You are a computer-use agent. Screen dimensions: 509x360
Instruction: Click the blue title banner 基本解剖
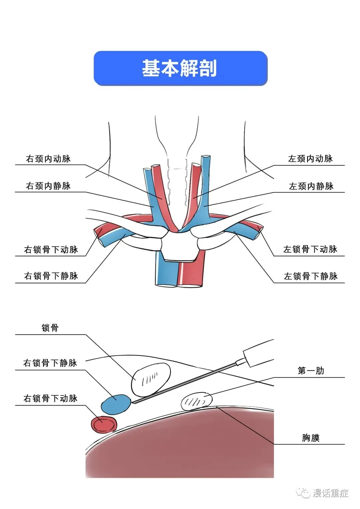(180, 68)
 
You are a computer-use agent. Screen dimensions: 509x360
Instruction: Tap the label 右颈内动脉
(48, 159)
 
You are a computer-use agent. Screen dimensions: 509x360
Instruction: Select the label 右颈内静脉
(48, 186)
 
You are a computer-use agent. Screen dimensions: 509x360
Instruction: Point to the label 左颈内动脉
(310, 159)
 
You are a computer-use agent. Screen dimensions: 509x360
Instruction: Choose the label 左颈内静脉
(311, 186)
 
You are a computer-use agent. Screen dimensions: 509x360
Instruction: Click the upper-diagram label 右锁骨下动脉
(51, 249)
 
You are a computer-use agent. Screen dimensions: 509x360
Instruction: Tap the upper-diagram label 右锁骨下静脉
(51, 276)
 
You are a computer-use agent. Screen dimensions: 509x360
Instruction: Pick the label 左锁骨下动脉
(310, 249)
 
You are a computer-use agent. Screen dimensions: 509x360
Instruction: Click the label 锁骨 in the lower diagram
(50, 328)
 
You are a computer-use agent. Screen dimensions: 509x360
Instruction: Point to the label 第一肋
(311, 370)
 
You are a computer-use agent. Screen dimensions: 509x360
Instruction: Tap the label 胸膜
(311, 437)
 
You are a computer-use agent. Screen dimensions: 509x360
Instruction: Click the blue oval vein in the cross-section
(116, 404)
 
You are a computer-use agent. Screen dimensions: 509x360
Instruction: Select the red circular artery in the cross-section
(104, 424)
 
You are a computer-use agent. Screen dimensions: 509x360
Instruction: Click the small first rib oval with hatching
(196, 401)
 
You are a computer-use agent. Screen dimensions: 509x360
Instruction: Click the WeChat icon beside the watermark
(304, 493)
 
